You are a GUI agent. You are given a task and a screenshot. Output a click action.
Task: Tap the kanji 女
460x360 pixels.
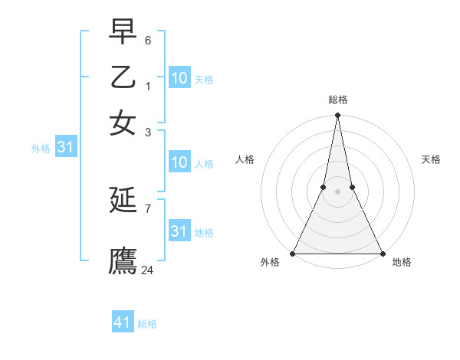pyautogui.click(x=123, y=123)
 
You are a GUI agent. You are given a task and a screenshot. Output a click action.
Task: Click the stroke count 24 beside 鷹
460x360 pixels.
pyautogui.click(x=148, y=270)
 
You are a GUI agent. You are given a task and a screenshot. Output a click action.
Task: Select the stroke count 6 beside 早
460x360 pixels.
pyautogui.click(x=148, y=39)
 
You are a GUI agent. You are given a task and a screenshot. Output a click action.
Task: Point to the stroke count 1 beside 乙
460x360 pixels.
pyautogui.click(x=148, y=86)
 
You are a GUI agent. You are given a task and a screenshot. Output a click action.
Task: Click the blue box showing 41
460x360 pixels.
pyautogui.click(x=123, y=322)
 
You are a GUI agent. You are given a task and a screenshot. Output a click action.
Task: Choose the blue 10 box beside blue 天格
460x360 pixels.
pyautogui.click(x=179, y=78)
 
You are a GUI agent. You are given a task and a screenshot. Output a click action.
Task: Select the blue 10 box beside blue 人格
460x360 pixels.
pyautogui.click(x=179, y=162)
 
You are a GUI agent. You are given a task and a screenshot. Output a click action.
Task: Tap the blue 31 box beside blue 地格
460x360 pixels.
pyautogui.click(x=179, y=231)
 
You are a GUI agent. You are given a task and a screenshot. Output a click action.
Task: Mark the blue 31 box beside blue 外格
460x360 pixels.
pyautogui.click(x=64, y=148)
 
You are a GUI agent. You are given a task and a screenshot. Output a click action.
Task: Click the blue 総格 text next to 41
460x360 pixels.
pyautogui.click(x=148, y=324)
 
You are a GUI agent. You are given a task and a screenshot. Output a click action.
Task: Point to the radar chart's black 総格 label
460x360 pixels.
pyautogui.click(x=338, y=100)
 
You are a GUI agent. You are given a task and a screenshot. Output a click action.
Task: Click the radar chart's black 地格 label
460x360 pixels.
pyautogui.click(x=402, y=262)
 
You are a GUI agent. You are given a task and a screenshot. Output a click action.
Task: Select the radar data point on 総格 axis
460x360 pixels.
pyautogui.click(x=337, y=116)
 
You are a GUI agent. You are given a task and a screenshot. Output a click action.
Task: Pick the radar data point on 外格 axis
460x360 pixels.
pyautogui.click(x=293, y=253)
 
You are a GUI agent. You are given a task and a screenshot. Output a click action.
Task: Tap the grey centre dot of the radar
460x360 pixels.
pyautogui.click(x=337, y=191)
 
